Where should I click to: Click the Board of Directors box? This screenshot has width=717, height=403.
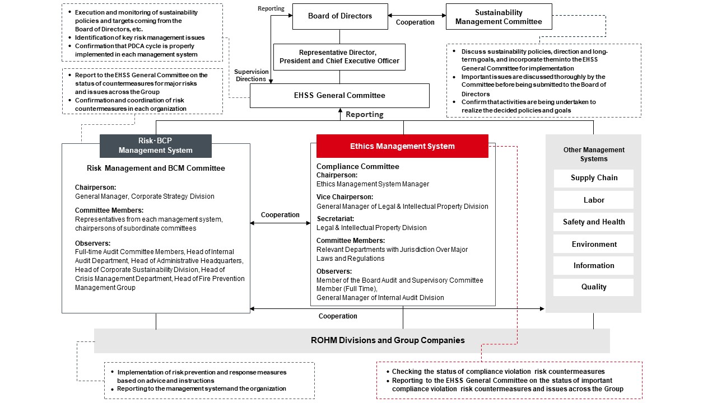pos(340,16)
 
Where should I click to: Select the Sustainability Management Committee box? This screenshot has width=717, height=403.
pos(499,17)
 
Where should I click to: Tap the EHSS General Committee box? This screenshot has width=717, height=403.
pos(339,96)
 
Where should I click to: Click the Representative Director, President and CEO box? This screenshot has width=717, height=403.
pos(339,57)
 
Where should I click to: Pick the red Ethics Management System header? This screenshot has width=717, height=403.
pos(402,146)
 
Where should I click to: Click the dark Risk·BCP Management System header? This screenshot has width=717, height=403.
pos(155,146)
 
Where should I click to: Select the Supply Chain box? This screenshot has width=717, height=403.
pos(594,178)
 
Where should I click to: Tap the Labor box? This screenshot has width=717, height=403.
pos(594,200)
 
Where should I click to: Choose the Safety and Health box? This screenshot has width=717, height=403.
pos(594,222)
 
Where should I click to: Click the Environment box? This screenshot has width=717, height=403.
pos(594,244)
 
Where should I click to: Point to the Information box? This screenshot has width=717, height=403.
pos(594,265)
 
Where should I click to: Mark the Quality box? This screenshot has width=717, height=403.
pos(594,287)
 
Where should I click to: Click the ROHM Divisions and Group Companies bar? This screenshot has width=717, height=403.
pos(352,340)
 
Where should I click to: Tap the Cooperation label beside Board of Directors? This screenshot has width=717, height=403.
pos(415,22)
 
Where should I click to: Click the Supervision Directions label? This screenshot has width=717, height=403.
pos(250,76)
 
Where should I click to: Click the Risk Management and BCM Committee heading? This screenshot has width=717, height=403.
pos(156,168)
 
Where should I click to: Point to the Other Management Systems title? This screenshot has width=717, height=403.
pos(594,154)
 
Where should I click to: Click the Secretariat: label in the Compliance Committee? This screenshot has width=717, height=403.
pos(335,219)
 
